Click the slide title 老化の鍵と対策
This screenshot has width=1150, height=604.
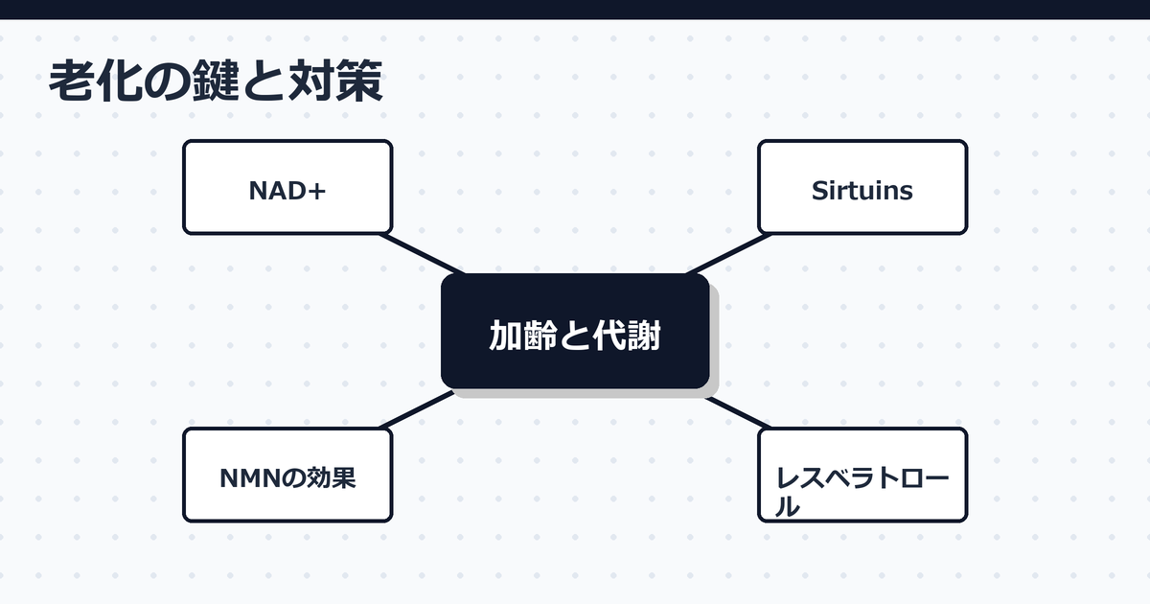216,82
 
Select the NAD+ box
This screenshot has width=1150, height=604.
287,187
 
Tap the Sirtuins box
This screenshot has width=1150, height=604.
862,187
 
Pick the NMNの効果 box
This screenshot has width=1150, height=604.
287,475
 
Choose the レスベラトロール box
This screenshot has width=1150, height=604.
862,475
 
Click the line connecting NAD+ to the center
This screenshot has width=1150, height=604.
422,253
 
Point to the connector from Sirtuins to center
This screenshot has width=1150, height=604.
728,253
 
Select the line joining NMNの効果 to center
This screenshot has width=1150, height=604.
417,408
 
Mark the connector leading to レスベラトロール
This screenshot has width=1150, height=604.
738,411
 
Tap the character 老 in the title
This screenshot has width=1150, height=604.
71,82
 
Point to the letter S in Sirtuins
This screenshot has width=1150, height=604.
819,191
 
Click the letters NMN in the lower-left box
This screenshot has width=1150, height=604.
246,477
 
